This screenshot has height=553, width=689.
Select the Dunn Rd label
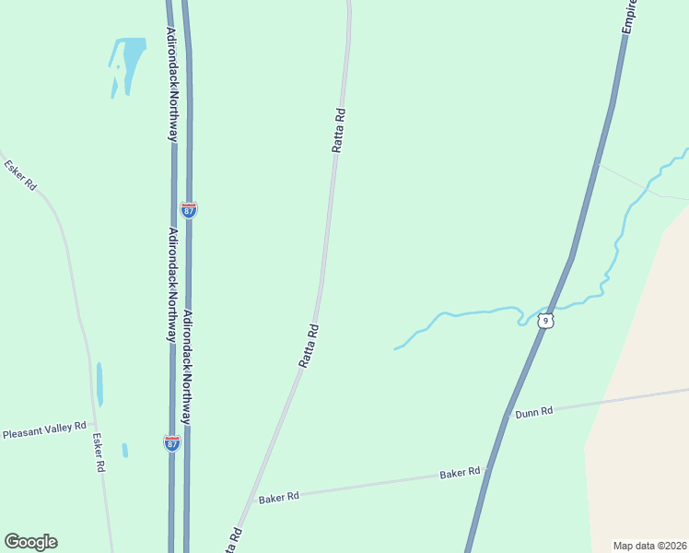coord(533,412)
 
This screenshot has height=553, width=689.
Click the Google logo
coord(30,542)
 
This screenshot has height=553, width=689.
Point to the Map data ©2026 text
coord(649,546)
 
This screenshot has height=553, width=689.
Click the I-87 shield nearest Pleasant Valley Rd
coord(172,443)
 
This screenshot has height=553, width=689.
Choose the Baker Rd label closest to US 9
coord(460,473)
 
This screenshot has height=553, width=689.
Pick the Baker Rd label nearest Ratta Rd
coord(279,496)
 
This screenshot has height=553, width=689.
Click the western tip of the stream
coord(395,349)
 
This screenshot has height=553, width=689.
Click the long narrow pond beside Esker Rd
coord(99,384)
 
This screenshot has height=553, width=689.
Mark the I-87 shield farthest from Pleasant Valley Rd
coord(189,210)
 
